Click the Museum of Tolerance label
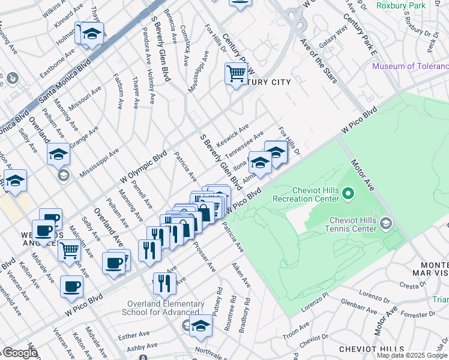(410, 66)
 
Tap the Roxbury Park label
(401, 5)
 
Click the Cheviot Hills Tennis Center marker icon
(387, 224)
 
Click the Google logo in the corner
(20, 353)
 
